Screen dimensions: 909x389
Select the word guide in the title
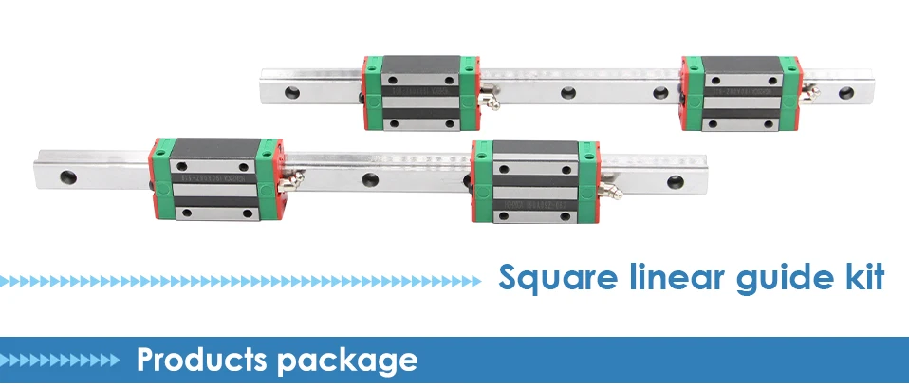(x=771, y=279)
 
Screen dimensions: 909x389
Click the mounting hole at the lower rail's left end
(x=68, y=176)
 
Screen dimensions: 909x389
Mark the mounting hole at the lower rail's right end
(x=676, y=180)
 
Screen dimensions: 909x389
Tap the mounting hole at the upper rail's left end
(x=290, y=91)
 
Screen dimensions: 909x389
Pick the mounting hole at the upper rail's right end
(x=844, y=93)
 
